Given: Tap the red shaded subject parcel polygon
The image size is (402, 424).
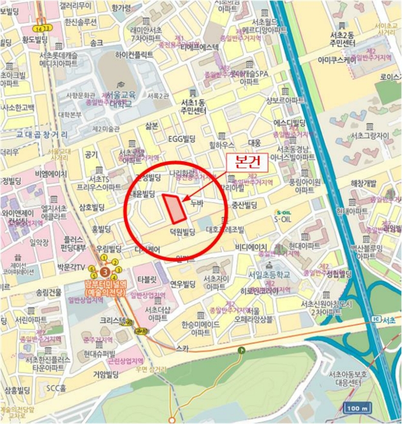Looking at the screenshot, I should pos(175,208).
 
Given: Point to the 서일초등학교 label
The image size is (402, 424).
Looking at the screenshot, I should pos(269,273).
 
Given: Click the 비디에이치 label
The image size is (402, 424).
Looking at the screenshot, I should pos(252,247).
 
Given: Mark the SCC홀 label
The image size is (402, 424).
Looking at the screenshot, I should pos(59,388).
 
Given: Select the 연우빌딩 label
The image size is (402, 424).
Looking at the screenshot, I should pos(183,284).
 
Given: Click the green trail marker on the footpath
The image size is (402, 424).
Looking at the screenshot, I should pos(242,350).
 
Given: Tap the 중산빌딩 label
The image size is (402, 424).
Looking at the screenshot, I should pos(244,205).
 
